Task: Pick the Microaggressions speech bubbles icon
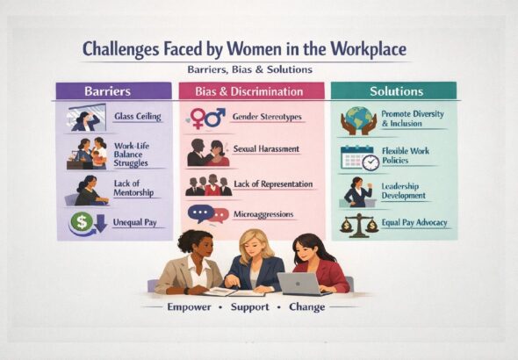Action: (x=207, y=214)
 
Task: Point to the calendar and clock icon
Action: (x=360, y=158)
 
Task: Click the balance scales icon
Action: (x=359, y=226)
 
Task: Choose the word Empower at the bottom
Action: (x=191, y=307)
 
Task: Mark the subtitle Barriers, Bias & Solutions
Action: (x=249, y=69)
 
